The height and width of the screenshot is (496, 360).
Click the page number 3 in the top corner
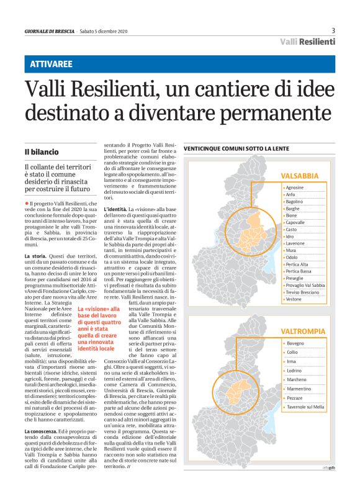pos(333,30)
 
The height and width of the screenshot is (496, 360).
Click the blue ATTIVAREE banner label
pos(52,64)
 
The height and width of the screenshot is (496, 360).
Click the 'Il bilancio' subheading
pos(42,151)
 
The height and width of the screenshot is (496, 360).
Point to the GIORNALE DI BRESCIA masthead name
pos(49,31)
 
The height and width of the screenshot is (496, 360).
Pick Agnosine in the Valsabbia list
pos(295,187)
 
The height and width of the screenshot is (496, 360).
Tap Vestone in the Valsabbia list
pos(294,299)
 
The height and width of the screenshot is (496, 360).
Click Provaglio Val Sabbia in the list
pos(307,284)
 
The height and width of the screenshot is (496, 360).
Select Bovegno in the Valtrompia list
pos(295,343)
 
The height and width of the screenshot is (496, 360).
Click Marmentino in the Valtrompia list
pos(299,388)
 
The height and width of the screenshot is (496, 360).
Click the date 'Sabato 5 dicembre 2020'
pos(104,31)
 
